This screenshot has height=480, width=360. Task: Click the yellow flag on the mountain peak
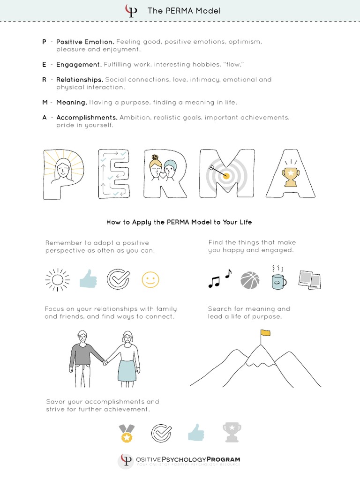click(x=265, y=333)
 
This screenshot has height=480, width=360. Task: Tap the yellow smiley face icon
click(x=150, y=280)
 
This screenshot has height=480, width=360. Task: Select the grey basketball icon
click(x=249, y=280)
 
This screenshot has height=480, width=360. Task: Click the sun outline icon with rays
click(x=57, y=280)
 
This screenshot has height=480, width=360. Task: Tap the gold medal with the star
click(x=126, y=434)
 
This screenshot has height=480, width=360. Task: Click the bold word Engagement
click(x=79, y=64)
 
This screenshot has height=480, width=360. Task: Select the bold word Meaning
click(x=72, y=102)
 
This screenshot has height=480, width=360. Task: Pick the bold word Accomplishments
click(x=87, y=117)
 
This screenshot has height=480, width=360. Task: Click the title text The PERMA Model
click(x=184, y=11)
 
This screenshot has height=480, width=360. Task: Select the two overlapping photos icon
click(x=309, y=280)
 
